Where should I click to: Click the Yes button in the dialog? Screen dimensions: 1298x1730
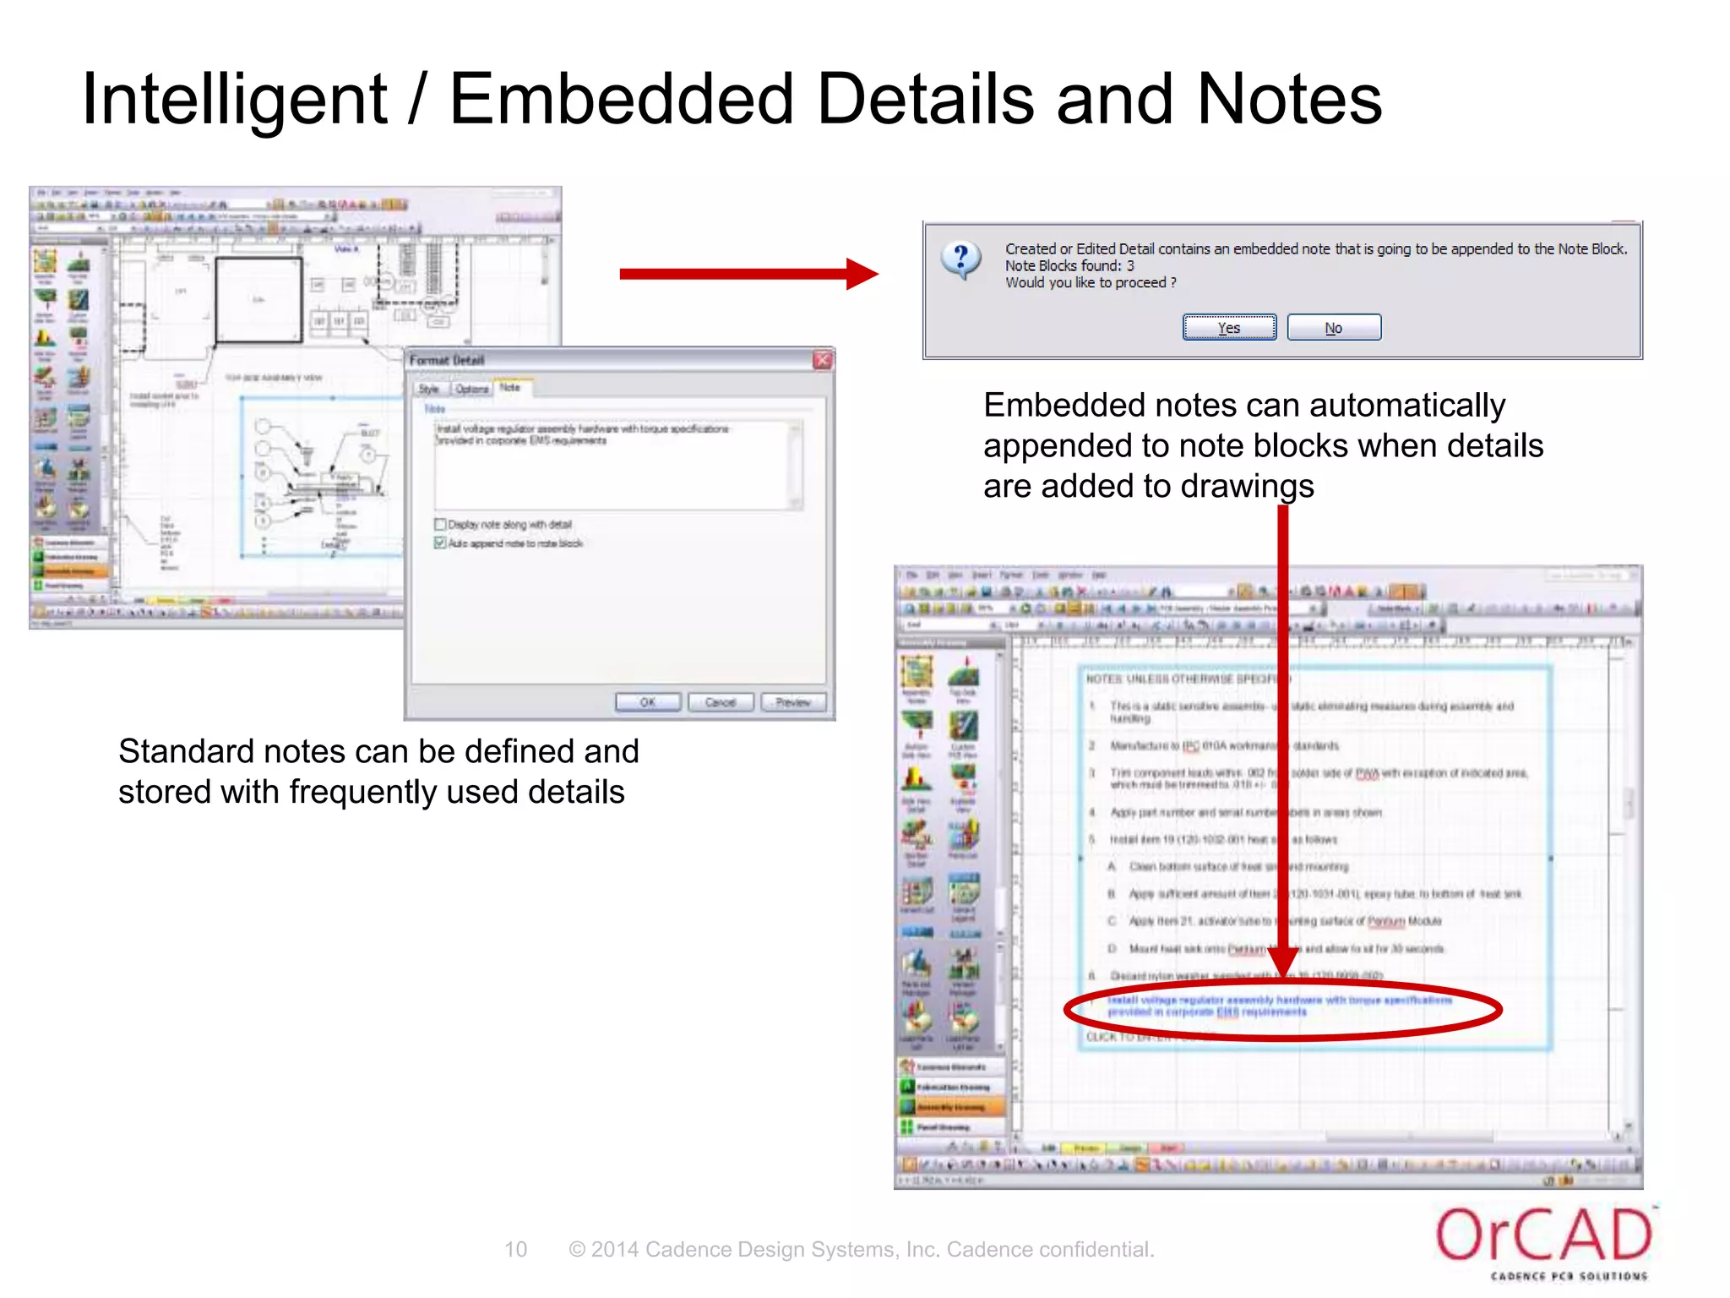1229,328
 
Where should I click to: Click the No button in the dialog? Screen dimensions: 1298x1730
1334,328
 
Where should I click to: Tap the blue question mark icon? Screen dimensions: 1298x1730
961,259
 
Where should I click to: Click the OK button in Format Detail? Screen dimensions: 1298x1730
648,702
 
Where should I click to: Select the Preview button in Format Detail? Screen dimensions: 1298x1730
792,702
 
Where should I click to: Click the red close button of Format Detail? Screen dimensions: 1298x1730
822,360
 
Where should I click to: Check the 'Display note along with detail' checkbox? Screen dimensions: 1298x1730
440,525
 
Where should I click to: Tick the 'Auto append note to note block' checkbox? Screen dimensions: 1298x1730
440,543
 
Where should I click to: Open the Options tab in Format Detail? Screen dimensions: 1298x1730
471,389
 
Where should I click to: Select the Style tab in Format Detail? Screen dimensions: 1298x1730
429,389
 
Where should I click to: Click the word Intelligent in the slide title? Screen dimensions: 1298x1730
234,100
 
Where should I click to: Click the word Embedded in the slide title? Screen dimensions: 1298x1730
622,100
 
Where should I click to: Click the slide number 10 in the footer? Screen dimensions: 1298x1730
515,1249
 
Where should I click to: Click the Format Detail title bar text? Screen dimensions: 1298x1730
447,360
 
